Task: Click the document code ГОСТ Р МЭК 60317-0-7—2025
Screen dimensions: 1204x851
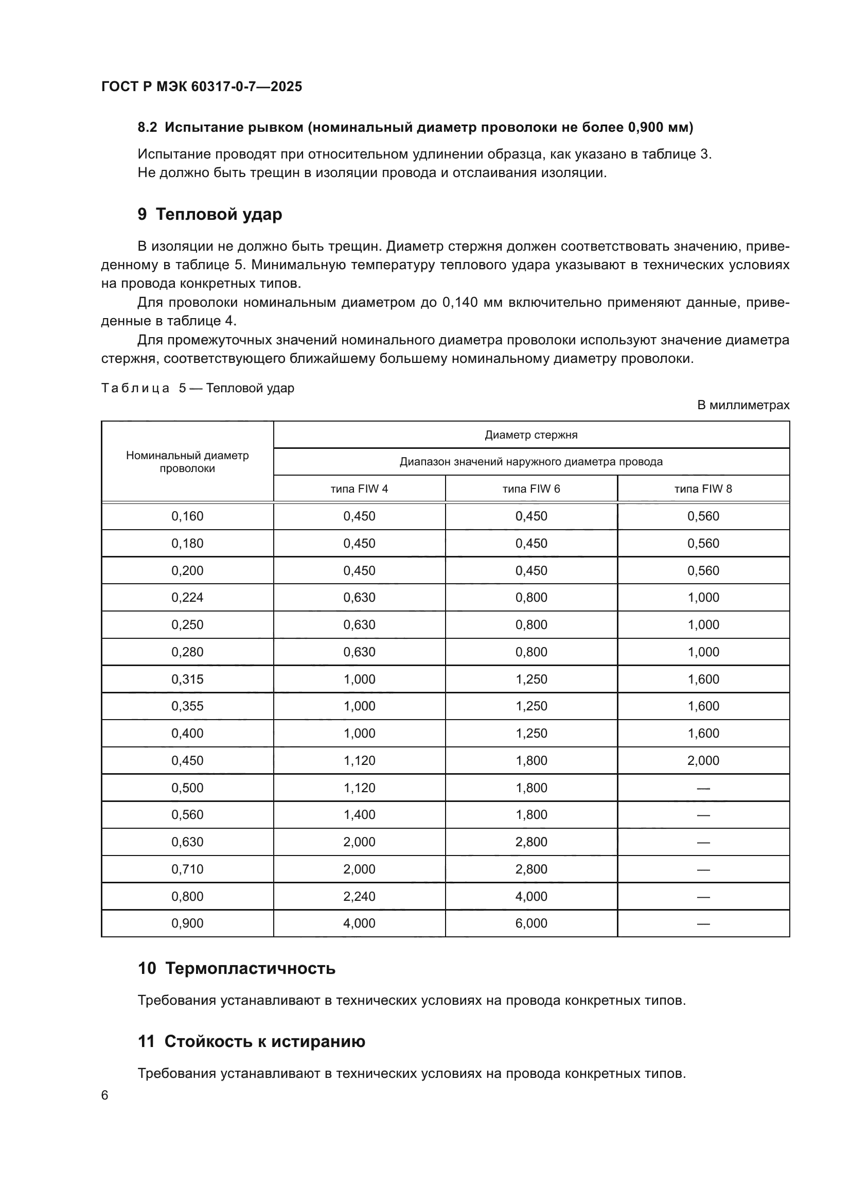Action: (x=202, y=86)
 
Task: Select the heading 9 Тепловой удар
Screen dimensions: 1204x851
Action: (x=209, y=214)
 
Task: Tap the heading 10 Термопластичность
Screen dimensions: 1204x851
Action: (x=236, y=968)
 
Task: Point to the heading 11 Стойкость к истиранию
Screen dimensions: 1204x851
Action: (x=252, y=1041)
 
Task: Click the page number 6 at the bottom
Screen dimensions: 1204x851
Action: (x=105, y=1095)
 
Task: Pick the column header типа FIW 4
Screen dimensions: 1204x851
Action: (x=360, y=488)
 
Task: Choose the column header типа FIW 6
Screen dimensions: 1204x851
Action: (x=531, y=488)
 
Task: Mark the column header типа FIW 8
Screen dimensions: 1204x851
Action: (x=703, y=488)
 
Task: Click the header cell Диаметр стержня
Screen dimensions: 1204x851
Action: (x=531, y=435)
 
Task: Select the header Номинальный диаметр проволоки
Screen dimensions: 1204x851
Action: (x=187, y=462)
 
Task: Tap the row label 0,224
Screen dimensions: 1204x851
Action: (x=187, y=597)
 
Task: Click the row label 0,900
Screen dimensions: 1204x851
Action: (x=187, y=923)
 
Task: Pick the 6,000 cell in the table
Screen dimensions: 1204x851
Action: (x=531, y=923)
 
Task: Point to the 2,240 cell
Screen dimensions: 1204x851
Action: (x=360, y=896)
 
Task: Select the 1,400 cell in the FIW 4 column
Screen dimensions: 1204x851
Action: (x=360, y=814)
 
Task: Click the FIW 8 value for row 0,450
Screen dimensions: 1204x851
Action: (x=703, y=760)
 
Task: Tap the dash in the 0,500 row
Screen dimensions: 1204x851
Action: (x=703, y=788)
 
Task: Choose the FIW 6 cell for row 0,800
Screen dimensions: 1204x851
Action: (x=531, y=896)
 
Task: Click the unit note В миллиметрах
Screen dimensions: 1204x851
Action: (x=743, y=405)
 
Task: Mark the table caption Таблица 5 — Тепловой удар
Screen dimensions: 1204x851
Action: (x=198, y=388)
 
